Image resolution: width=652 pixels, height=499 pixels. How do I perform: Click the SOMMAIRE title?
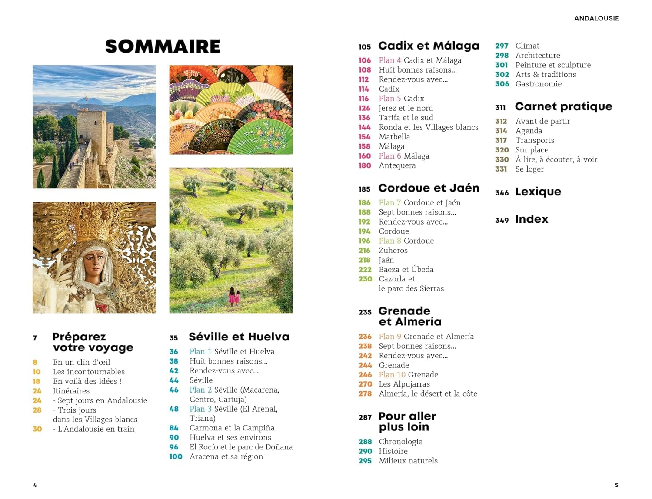163,46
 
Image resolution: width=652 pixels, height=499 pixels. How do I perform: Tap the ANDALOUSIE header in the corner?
596,18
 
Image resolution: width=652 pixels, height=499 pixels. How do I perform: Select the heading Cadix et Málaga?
429,46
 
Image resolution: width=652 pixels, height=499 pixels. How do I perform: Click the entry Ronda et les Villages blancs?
428,127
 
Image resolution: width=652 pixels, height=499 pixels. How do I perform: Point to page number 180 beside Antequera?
365,165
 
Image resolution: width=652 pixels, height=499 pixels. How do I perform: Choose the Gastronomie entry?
538,84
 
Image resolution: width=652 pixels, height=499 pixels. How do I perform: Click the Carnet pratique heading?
563,107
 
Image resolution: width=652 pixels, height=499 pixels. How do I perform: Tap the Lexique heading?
538,192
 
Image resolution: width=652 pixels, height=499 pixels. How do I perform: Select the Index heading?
531,220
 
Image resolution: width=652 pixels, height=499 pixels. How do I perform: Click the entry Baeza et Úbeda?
406,269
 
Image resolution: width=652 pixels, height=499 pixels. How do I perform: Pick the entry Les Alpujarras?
404,384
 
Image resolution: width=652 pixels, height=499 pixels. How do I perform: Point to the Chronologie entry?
400,442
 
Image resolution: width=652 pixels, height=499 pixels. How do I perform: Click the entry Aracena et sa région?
226,456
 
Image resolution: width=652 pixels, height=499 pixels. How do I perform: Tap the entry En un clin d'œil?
81,362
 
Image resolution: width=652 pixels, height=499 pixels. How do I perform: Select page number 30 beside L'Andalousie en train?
37,429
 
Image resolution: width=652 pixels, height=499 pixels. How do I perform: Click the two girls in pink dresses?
234,297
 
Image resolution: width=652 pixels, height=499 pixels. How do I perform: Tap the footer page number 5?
616,485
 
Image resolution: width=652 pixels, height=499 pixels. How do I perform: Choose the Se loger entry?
529,169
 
